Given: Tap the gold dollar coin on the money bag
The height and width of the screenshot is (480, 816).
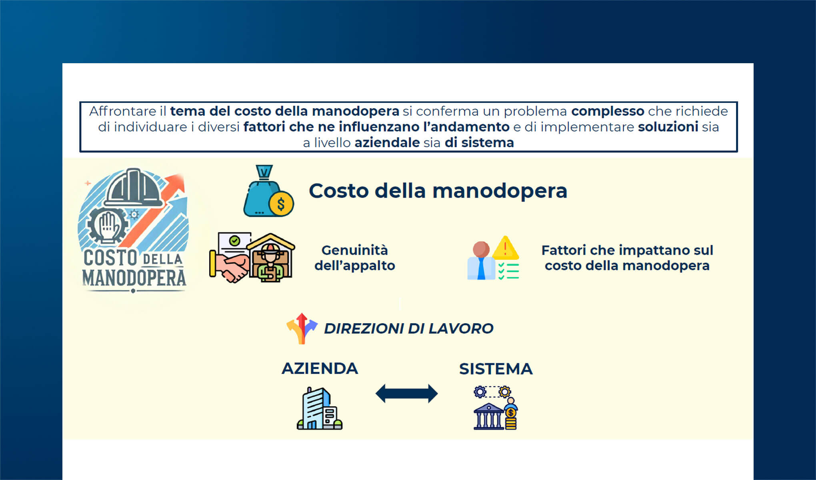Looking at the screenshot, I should tap(281, 204).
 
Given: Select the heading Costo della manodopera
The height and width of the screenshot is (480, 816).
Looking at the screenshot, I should tap(438, 191).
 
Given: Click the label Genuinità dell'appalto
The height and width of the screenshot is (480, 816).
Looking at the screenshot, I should tap(355, 258).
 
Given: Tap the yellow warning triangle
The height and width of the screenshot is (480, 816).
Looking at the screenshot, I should tap(505, 248).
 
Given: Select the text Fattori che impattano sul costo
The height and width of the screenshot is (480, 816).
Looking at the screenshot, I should tap(627, 258).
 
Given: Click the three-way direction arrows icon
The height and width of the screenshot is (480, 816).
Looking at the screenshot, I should tap(302, 328).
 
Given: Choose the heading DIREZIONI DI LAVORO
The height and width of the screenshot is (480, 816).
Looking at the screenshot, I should tap(408, 328).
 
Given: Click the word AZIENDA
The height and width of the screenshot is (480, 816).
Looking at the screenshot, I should tap(320, 368).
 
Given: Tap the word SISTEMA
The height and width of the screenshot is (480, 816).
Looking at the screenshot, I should tap(496, 369).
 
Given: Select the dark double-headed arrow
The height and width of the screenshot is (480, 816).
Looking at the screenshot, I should tap(406, 394).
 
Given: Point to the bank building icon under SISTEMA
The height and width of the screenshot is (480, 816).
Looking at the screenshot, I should tap(488, 416).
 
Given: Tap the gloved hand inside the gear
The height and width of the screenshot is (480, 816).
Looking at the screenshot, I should tap(107, 226).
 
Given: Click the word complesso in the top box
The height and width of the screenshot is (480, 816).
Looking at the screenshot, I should tap(608, 111).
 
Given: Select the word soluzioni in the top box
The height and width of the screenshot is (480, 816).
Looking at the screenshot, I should tap(668, 127).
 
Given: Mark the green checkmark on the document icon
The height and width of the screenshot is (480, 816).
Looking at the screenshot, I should tap(235, 240).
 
